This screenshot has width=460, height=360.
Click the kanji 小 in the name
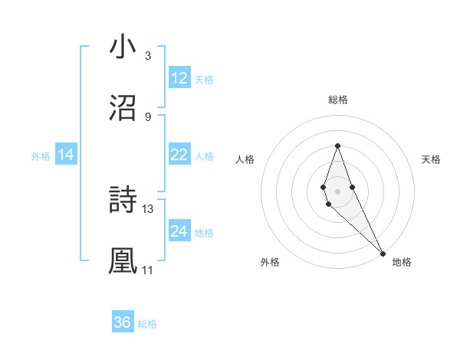[x=123, y=47]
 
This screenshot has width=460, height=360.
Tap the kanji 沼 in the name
[x=123, y=109]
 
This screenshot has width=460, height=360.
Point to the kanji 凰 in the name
[x=123, y=261]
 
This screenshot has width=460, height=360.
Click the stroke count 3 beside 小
[x=147, y=56]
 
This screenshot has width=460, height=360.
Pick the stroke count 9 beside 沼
[x=147, y=116]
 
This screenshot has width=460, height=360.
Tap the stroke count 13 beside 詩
[x=148, y=208]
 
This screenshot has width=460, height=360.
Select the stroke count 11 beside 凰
[x=148, y=270]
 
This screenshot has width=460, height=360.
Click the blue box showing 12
[x=179, y=78]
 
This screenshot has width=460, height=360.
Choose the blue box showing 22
[x=179, y=155]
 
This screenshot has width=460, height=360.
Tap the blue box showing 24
[x=179, y=231]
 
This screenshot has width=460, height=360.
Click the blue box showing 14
[x=66, y=155]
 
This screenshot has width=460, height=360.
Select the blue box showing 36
[x=123, y=322]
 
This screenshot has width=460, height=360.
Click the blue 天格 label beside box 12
[x=204, y=79]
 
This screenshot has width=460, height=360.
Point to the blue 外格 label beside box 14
[x=41, y=155]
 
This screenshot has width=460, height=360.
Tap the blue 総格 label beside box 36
[x=147, y=323]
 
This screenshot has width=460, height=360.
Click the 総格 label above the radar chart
[x=338, y=100]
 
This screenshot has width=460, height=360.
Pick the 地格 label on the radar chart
[x=402, y=262]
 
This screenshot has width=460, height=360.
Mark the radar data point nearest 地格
[x=383, y=252]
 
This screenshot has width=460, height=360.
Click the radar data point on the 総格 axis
[x=337, y=145]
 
